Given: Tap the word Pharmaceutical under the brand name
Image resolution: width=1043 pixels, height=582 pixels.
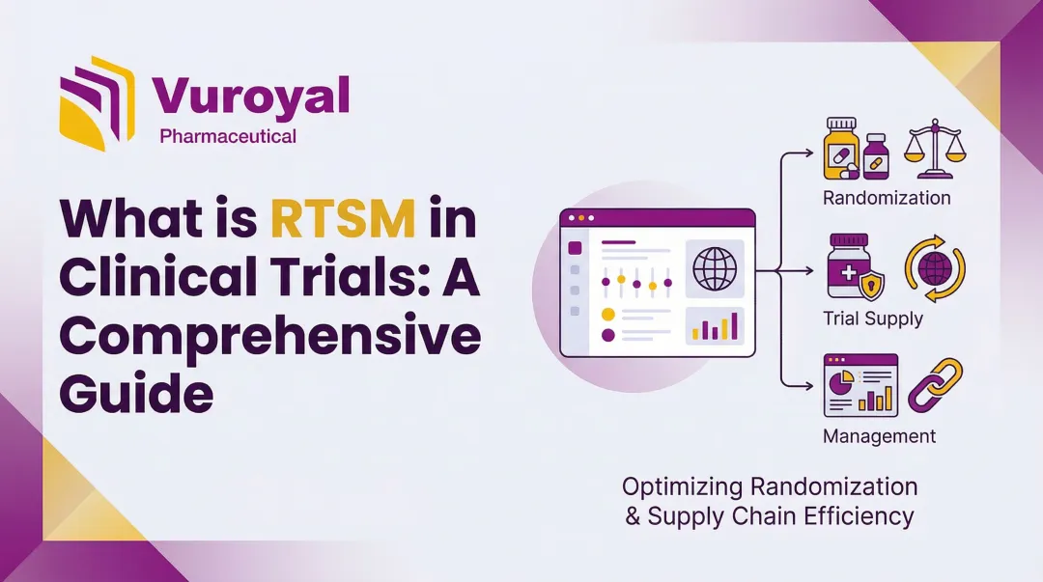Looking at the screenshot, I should (228, 136).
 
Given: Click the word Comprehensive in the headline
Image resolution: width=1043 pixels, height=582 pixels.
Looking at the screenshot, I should (270, 337).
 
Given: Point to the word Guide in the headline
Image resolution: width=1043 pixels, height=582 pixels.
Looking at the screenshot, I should (136, 394).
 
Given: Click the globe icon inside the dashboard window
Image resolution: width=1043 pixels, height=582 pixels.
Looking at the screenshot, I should (715, 269).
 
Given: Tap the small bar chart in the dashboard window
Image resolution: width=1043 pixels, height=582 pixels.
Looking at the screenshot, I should (715, 326).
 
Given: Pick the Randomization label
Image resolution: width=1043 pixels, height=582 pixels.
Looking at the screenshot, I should (887, 198).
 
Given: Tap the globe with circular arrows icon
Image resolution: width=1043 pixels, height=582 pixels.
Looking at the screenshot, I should (935, 267).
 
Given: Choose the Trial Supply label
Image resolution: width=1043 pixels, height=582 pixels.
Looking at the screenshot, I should (873, 318).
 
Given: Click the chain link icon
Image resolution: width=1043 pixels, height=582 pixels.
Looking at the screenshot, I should (936, 387).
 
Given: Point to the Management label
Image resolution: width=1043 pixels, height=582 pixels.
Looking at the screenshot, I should (879, 436).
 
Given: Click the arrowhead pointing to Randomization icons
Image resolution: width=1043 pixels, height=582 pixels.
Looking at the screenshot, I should (811, 152).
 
